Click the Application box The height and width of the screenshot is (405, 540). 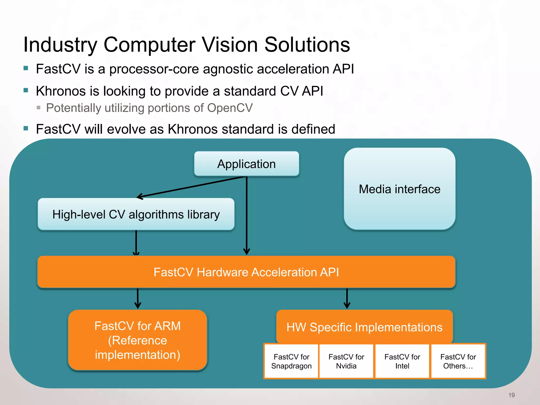(247, 164)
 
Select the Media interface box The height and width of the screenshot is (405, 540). (399, 189)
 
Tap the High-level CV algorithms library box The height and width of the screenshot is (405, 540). (136, 214)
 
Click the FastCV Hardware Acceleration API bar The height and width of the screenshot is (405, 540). (246, 272)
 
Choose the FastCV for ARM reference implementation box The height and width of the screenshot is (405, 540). (137, 340)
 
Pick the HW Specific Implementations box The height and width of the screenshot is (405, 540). (364, 327)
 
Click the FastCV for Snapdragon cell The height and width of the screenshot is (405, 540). (291, 361)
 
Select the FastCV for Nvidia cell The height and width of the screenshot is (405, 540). (346, 361)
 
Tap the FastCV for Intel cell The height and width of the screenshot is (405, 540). (402, 361)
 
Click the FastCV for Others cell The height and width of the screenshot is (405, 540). (458, 361)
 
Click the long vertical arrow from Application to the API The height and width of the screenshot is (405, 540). (247, 216)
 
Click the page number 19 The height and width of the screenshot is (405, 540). (512, 395)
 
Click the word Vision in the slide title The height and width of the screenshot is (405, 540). (230, 45)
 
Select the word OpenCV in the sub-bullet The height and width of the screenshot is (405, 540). (230, 108)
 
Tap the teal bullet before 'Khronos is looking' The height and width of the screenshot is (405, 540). (26, 90)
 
